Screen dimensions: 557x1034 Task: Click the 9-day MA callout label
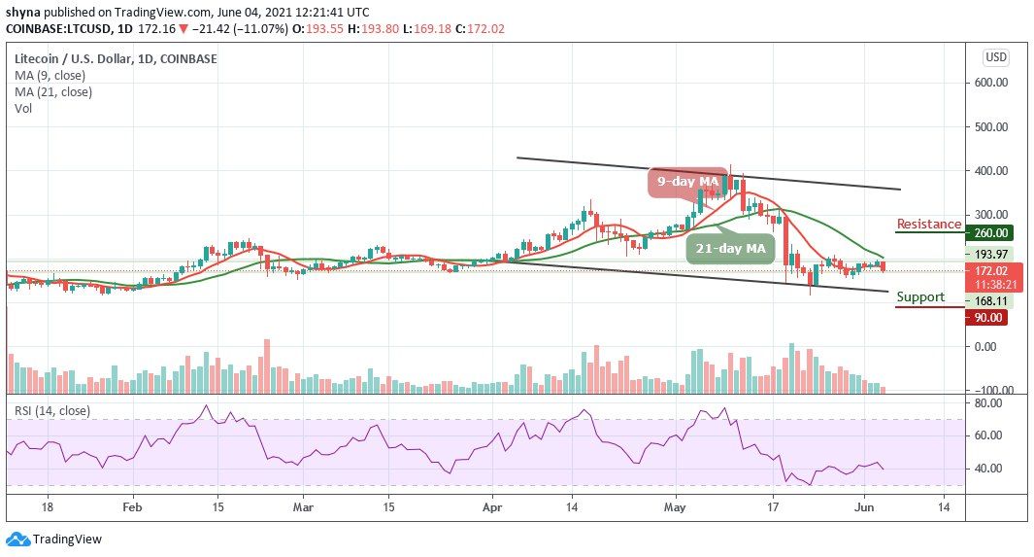click(687, 181)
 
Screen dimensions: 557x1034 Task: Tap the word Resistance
click(928, 224)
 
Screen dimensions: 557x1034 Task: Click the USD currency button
click(995, 57)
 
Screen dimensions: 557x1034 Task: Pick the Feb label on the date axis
click(132, 506)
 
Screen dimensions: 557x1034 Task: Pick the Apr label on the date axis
click(492, 506)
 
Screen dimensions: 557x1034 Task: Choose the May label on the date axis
click(677, 506)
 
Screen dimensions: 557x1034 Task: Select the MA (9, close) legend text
click(50, 76)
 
